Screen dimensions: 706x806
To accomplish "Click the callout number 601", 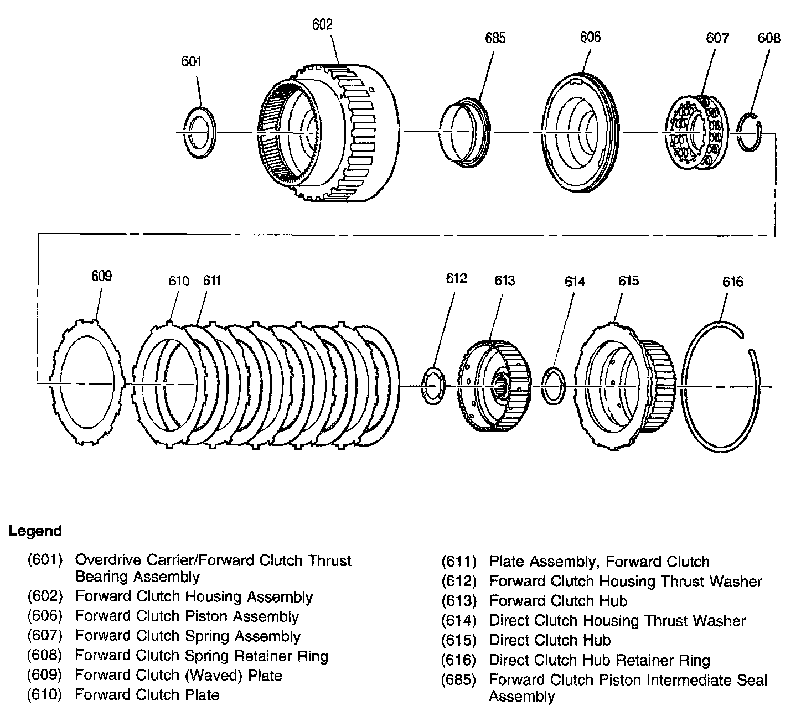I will (x=191, y=61).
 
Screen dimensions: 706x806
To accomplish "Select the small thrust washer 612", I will (x=433, y=385).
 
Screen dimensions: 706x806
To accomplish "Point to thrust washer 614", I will (x=554, y=385).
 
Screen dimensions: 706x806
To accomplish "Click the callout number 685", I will (x=495, y=38).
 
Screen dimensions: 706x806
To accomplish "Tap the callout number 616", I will (x=733, y=282).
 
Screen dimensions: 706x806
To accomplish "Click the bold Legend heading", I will (x=35, y=531).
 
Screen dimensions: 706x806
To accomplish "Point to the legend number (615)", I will (x=459, y=640).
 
